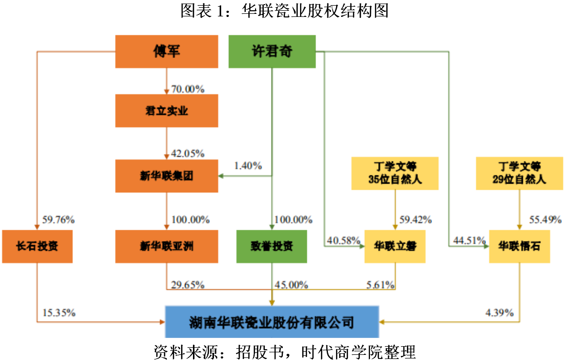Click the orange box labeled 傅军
[x=166, y=52]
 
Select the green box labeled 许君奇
[x=271, y=52]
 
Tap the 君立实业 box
[x=166, y=111]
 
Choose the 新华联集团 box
[x=166, y=176]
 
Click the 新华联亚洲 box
[x=166, y=246]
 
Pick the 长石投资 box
[x=37, y=246]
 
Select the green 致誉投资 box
[x=271, y=246]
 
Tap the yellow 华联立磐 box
[x=395, y=247]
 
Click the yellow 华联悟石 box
[x=520, y=247]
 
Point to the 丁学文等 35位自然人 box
[x=395, y=173]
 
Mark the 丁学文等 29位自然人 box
[x=520, y=173]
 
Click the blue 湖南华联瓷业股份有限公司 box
[x=271, y=322]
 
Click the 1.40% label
[x=248, y=166]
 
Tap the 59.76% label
[x=58, y=221]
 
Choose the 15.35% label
[x=58, y=312]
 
